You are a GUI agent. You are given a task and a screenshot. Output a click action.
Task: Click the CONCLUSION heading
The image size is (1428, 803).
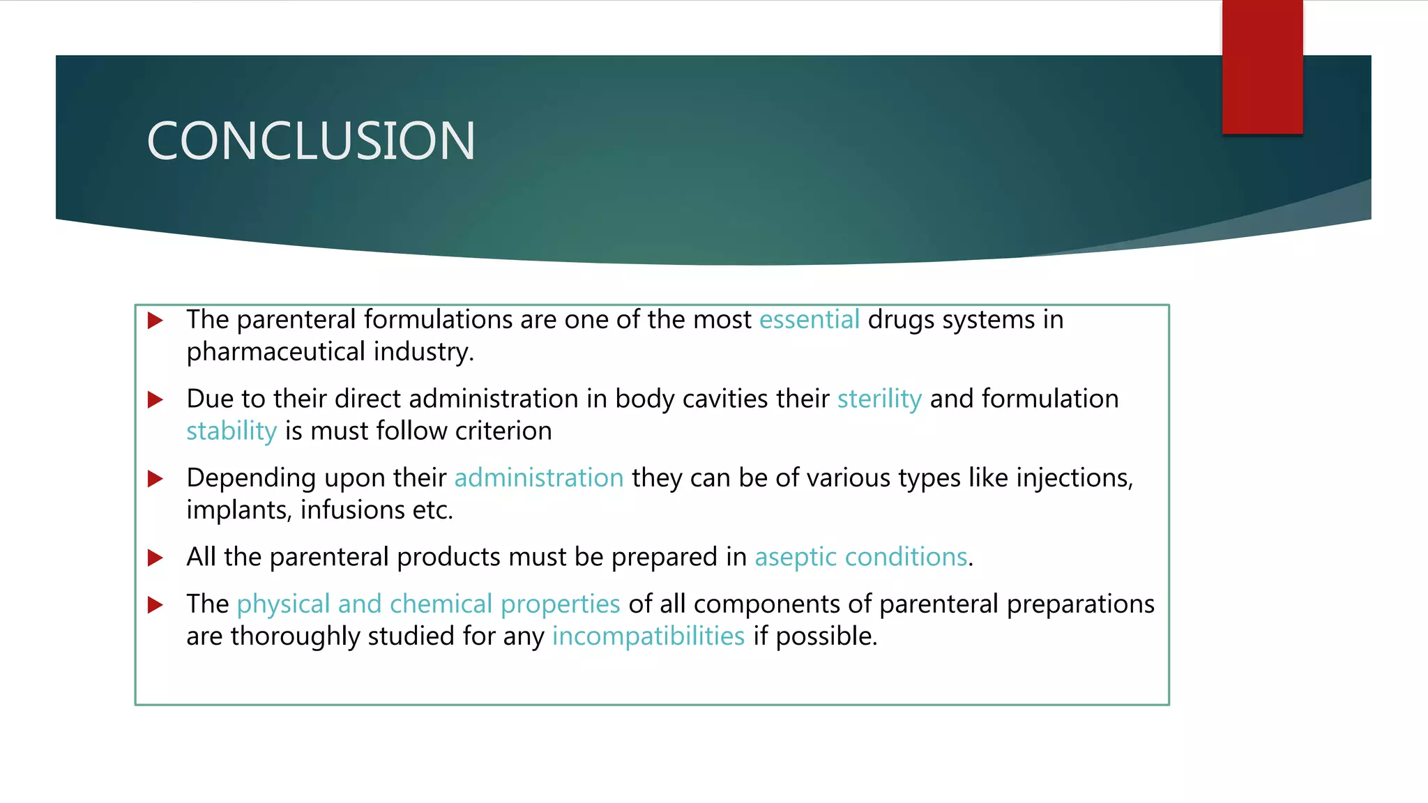point(311,141)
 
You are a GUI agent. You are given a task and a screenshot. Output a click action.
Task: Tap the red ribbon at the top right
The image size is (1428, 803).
point(1262,67)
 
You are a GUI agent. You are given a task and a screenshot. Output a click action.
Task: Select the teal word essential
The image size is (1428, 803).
point(809,320)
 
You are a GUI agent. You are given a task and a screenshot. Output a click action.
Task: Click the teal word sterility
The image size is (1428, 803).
point(879,399)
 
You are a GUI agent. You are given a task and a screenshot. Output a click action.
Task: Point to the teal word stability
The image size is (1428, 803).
point(231,431)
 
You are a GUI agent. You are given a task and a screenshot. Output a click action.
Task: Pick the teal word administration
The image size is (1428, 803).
point(539,478)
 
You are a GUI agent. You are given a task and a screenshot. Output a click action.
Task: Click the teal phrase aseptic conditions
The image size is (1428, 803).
point(860,558)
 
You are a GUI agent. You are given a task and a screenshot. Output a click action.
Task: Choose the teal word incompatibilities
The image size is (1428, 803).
point(648,636)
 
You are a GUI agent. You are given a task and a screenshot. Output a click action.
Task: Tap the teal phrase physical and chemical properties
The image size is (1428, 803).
point(428,604)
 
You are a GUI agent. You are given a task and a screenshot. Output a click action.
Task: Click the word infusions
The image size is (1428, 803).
point(352,510)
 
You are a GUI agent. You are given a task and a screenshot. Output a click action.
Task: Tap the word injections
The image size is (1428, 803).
point(1074,478)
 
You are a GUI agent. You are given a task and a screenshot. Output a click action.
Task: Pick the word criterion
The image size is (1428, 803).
point(503,431)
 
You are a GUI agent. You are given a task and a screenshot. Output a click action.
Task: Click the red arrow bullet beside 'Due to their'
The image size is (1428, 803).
point(155,400)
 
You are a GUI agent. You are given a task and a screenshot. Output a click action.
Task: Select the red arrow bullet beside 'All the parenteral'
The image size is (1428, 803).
point(155,558)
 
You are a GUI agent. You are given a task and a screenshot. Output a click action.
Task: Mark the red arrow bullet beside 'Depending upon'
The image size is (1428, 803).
point(155,479)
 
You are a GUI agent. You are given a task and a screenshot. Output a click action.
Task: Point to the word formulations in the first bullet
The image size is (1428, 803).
point(438,320)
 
